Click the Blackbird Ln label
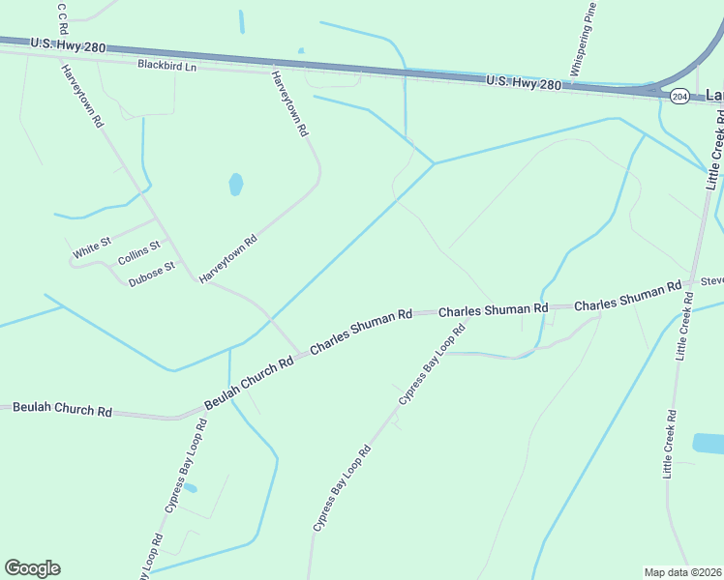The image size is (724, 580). pos(166,66)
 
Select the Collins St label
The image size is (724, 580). pos(138,254)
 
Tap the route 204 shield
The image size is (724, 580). pos(679,96)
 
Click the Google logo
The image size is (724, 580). pos(32,568)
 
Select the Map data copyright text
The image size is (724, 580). pos(683,572)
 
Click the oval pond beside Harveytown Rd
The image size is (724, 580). pos(235,184)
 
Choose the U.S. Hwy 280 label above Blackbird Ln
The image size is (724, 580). pos(67,44)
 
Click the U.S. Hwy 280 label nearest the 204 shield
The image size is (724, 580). pos(524,84)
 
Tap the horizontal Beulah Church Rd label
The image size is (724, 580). pos(62,409)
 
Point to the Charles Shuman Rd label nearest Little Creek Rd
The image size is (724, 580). pos(628,298)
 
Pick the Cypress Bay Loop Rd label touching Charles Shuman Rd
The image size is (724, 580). pos(433,363)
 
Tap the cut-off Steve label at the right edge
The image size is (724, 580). pos(711,281)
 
